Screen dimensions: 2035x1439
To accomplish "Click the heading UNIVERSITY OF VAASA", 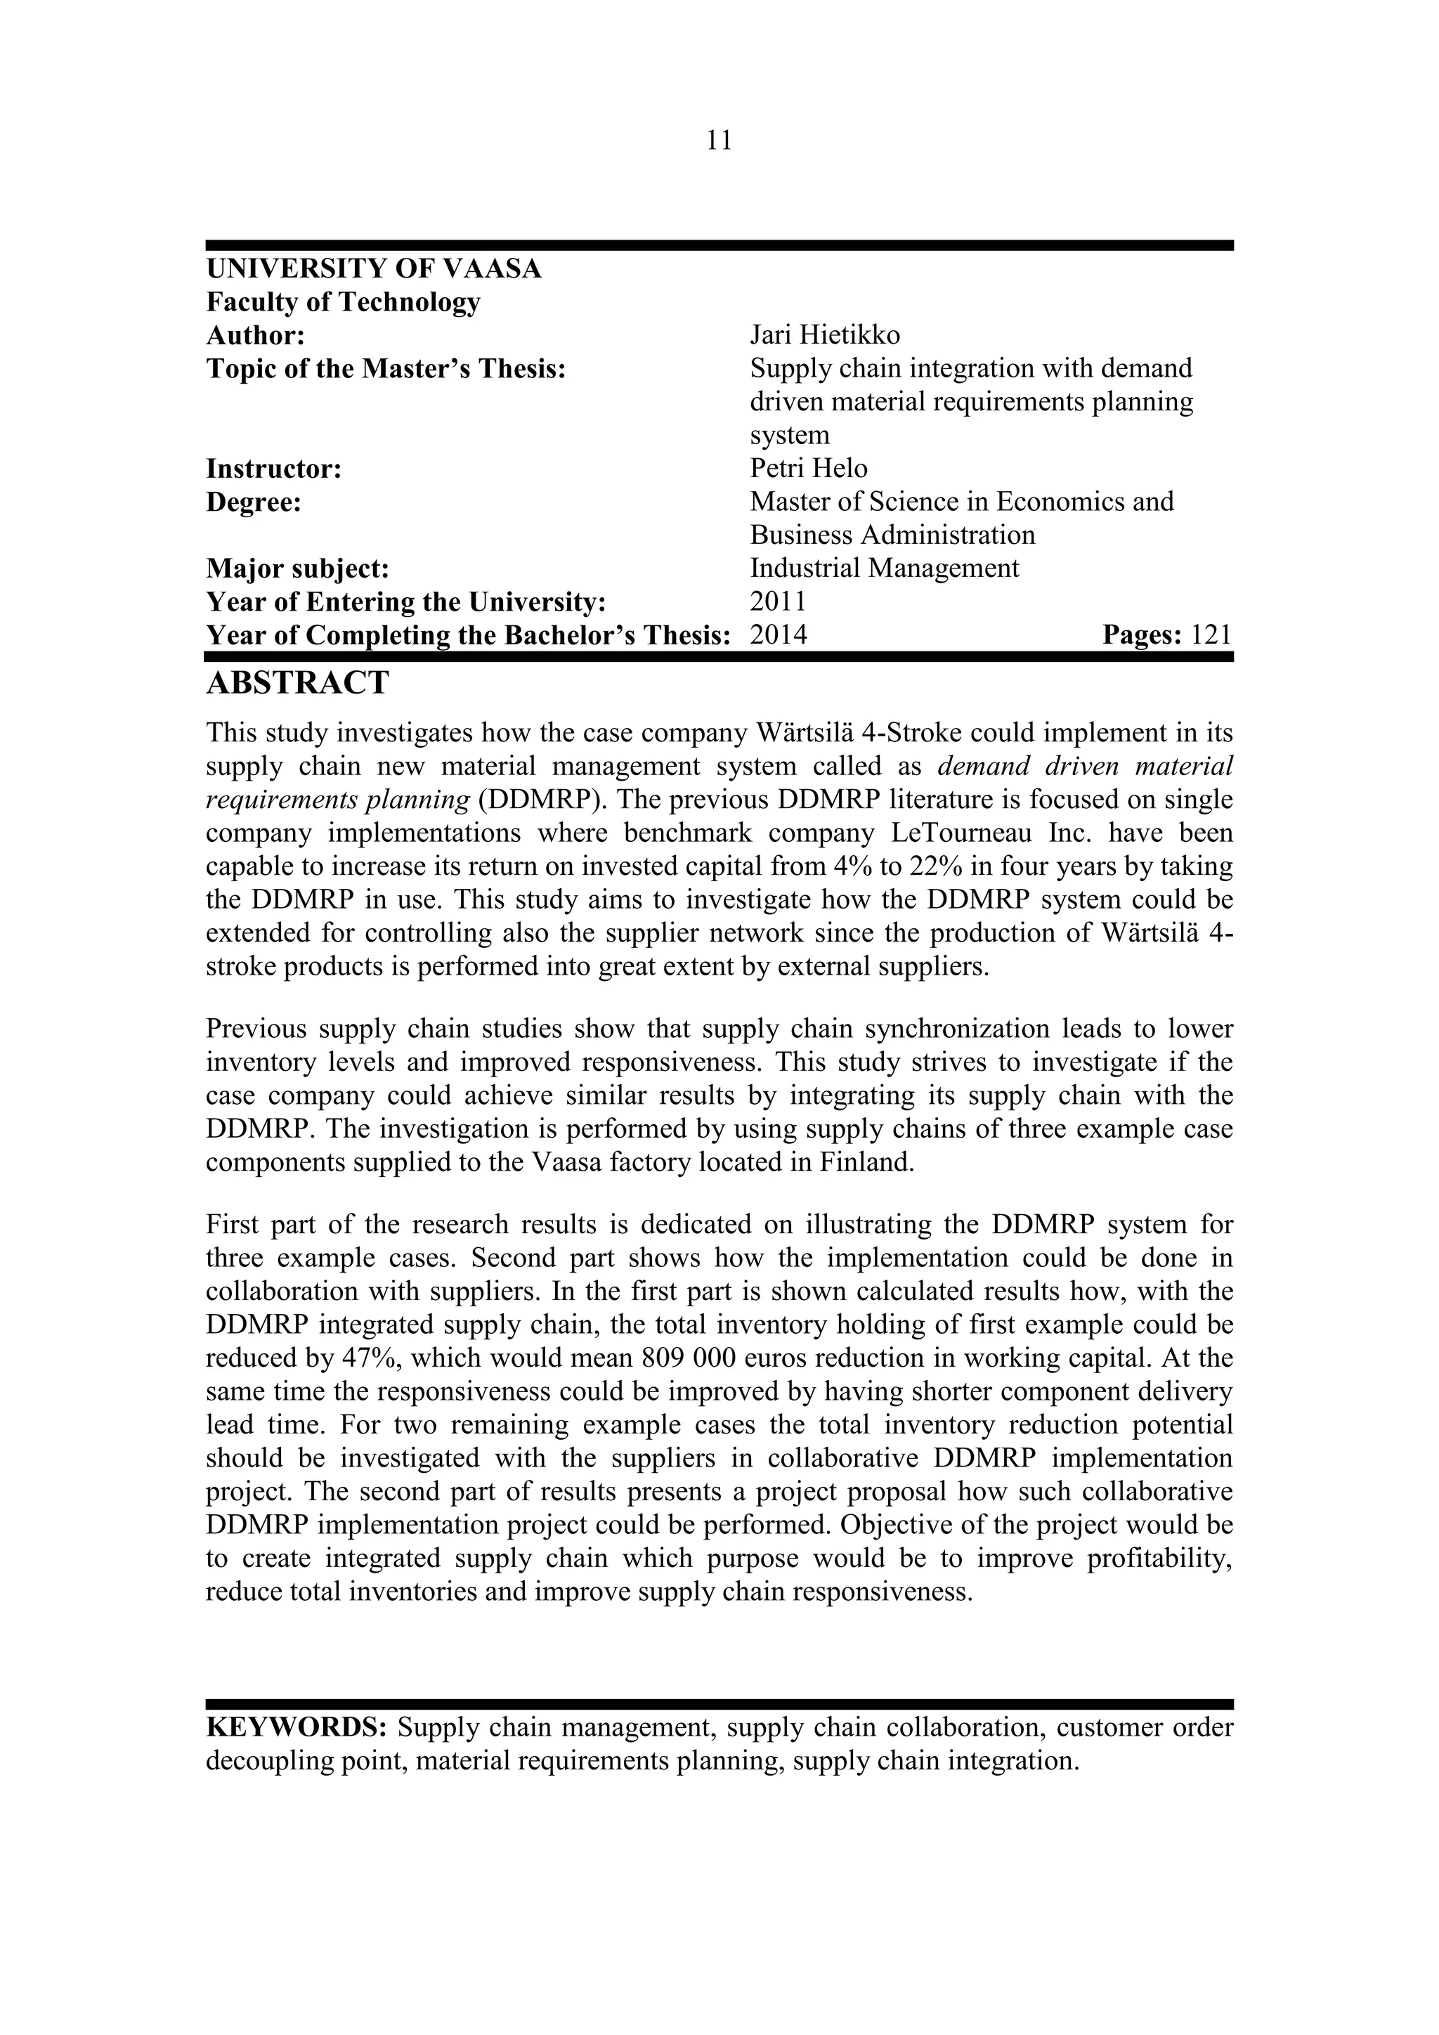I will tap(373, 268).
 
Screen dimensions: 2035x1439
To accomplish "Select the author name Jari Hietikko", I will tap(824, 335).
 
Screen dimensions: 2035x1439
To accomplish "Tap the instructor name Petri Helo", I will tap(808, 468).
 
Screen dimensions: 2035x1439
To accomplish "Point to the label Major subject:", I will tap(298, 568).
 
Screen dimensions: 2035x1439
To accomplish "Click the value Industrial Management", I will tap(883, 568).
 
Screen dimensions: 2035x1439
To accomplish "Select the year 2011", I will tap(778, 602).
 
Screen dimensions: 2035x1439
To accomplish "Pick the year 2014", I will tap(778, 635).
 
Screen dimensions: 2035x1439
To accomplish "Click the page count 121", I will tap(1211, 635).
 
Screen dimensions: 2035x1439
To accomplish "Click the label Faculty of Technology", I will tap(343, 302).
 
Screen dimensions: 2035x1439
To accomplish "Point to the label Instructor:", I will tap(274, 468).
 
